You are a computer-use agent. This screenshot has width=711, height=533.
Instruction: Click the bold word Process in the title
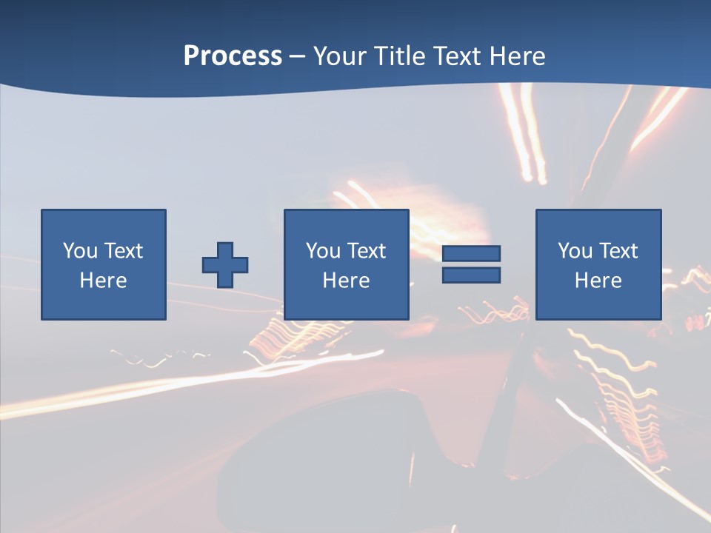point(233,56)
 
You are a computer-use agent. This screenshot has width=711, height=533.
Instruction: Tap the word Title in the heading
point(398,56)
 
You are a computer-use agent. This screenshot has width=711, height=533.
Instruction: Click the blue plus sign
point(225,265)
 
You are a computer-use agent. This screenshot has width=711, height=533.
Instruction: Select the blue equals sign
point(471,264)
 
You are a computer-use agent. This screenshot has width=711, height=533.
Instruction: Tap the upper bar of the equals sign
point(471,254)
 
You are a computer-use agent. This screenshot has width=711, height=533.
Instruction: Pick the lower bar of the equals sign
point(471,275)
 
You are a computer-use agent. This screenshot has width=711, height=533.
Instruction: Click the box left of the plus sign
point(104,264)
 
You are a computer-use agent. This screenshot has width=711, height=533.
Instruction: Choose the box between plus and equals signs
point(346,264)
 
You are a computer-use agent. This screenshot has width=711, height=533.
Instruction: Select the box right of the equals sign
point(598,264)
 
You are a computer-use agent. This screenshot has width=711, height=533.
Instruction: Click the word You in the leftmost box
point(80,251)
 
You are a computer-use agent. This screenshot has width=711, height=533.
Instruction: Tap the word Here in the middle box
point(346,281)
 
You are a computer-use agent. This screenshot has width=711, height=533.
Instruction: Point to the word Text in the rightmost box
point(619,251)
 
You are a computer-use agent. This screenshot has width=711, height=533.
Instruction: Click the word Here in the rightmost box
point(598,281)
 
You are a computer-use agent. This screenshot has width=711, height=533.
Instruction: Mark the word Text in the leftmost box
point(124,251)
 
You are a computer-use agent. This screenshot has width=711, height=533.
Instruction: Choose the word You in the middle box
point(323,251)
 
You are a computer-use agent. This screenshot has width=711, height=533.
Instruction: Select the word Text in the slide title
point(456,56)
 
